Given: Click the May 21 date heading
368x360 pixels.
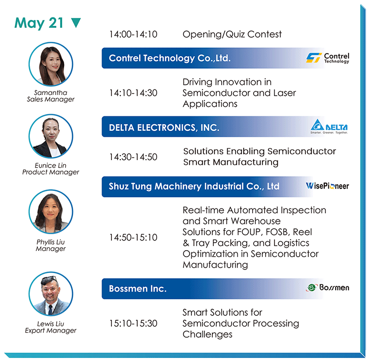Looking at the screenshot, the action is coord(39,23).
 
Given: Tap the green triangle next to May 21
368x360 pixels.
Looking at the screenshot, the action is coord(76,22).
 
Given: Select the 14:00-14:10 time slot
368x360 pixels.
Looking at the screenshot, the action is coord(133,34).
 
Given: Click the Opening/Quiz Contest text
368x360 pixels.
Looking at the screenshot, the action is coord(232,34).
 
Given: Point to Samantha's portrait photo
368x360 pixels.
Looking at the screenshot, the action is coord(51,64).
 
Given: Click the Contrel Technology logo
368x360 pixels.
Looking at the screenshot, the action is coord(328,58).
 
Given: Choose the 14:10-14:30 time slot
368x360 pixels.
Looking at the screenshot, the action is coord(133,93).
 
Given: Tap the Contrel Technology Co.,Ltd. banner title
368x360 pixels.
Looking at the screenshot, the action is coord(170,58).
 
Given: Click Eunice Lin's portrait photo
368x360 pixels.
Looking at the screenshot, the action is coord(51,136).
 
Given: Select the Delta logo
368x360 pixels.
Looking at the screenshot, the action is coord(329,127).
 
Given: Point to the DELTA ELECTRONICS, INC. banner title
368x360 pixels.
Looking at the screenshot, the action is coord(164,128).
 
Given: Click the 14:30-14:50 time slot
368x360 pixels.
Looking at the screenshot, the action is coord(133,157).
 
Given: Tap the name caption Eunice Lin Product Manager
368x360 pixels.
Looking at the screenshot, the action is coord(51,169).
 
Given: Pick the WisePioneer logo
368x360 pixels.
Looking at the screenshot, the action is coord(327,186).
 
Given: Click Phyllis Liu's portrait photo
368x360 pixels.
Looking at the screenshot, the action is coord(51,212).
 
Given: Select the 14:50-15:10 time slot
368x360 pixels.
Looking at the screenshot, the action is coord(133,238).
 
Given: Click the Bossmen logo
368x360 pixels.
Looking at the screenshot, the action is coord(328,287).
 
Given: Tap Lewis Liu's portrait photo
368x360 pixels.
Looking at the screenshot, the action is coord(51,294).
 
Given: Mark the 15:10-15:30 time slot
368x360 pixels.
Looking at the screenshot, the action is coord(133,323).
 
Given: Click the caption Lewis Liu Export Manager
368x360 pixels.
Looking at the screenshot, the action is coord(51,327).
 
